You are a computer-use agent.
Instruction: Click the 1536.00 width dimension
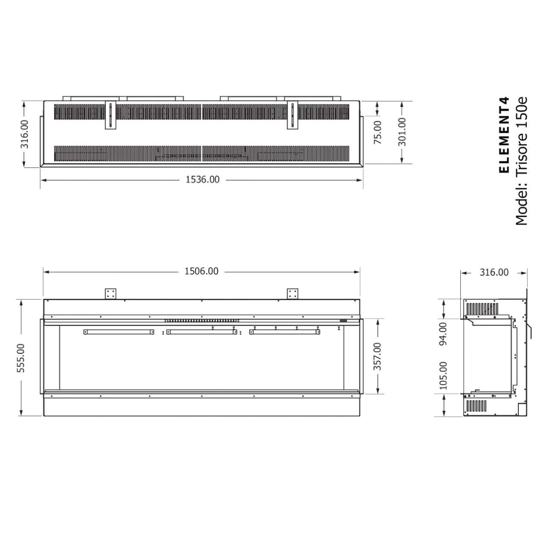tap(202, 179)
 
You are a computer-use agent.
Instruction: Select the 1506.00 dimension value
tap(201, 271)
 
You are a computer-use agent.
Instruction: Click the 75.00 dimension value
tap(378, 132)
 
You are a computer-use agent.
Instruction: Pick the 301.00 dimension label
tap(402, 132)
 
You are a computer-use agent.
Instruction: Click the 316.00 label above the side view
tap(494, 272)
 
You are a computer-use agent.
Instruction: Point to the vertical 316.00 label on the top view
tap(25, 134)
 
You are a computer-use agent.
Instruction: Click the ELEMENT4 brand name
tap(505, 135)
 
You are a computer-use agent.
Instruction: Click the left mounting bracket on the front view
tap(111, 294)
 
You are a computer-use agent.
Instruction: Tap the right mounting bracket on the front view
tap(293, 294)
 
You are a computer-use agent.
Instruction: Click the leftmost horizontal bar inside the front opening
tap(119, 332)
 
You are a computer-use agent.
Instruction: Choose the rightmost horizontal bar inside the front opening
tap(285, 332)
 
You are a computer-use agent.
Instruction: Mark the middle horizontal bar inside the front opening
tap(202, 332)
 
